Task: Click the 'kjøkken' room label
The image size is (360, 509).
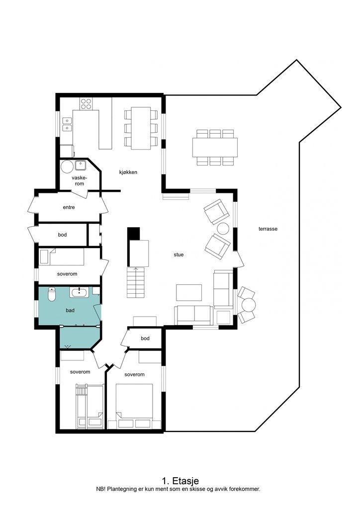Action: point(128,172)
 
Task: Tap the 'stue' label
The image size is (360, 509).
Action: point(179,254)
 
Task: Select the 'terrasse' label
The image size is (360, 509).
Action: point(268,229)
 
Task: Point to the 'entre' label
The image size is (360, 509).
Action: point(69,207)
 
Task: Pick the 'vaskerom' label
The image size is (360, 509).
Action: point(79,180)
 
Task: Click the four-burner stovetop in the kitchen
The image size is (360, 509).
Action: point(86,103)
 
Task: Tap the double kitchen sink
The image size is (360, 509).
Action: point(66,124)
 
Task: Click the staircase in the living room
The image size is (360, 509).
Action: point(136,282)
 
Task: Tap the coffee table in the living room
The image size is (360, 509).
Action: point(189,292)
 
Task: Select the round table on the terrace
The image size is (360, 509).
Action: point(248,304)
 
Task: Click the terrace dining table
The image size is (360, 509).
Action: point(215,147)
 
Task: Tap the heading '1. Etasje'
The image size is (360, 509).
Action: point(180,481)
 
